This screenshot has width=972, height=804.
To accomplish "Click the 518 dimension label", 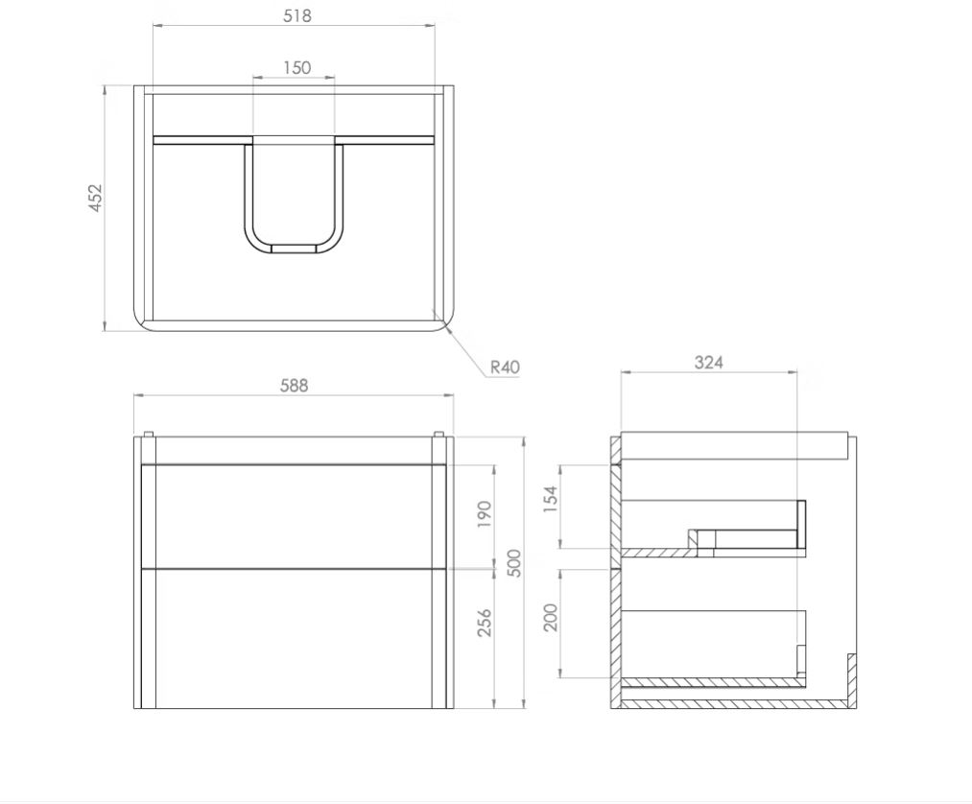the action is click(296, 15).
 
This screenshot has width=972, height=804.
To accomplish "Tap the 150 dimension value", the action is click(296, 67).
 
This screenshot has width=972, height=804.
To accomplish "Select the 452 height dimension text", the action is click(96, 198).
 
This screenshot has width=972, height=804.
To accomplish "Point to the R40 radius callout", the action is click(505, 367).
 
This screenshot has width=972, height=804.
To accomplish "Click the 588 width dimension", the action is click(294, 386).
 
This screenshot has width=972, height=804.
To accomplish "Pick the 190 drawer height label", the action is click(485, 514).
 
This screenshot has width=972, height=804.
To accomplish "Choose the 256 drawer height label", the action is click(485, 622).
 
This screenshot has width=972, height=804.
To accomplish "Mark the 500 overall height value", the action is click(514, 563).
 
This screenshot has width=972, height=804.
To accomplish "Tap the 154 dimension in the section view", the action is click(551, 499).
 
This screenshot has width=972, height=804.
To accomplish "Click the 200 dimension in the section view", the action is click(551, 617).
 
